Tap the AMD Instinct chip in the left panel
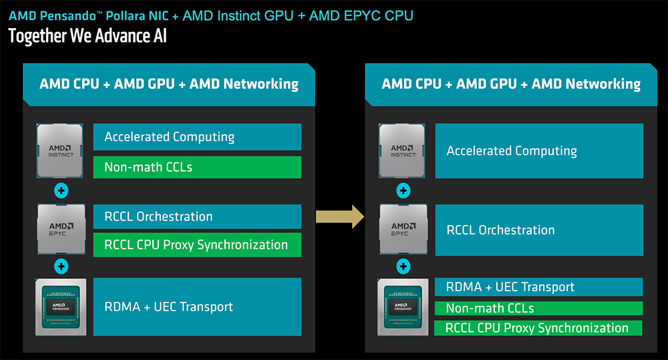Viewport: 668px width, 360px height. coord(59,150)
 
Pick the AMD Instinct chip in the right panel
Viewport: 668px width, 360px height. coord(403,150)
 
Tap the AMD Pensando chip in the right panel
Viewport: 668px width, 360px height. coord(403,307)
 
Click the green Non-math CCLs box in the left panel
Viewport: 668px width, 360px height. coord(197,167)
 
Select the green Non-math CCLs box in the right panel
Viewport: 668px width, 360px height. coord(538,308)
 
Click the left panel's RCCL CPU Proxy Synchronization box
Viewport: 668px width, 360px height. coord(197,244)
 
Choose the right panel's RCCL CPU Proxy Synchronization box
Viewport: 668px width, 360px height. coord(538,328)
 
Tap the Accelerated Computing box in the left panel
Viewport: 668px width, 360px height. coord(197,137)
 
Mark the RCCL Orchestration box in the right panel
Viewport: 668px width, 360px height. coord(538,230)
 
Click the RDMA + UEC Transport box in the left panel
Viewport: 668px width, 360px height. coord(197,307)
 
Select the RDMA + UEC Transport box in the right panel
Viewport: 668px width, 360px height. coord(538,287)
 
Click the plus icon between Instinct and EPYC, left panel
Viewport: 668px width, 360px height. coord(61,190)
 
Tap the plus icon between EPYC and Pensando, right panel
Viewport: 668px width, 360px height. coord(403,266)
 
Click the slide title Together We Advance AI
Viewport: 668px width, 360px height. coord(87,35)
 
